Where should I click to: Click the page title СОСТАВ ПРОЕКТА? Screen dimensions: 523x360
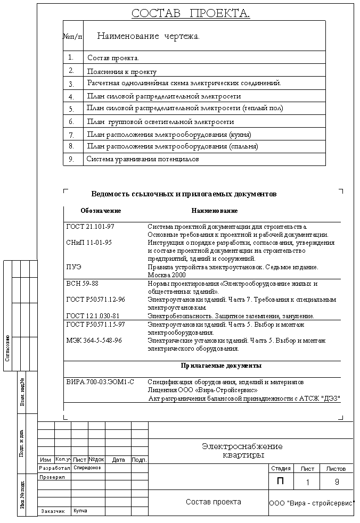pos(191,13)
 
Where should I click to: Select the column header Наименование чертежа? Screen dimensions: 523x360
pos(148,36)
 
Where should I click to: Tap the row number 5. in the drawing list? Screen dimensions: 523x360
pos(71,109)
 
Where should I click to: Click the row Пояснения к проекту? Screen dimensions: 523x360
pos(122,71)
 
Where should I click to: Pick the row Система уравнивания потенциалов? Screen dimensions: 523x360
pos(143,159)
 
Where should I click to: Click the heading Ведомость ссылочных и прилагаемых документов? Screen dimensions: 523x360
pos(184,194)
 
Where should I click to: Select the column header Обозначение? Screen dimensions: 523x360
pos(101,211)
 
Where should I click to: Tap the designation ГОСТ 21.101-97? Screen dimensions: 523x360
pos(91,227)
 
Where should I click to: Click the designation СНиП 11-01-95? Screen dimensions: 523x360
pos(89,243)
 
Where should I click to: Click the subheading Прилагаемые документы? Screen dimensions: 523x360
pos(221,366)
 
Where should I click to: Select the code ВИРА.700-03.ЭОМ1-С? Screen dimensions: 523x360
pos(100,382)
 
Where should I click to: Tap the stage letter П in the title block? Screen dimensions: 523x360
pos(280,482)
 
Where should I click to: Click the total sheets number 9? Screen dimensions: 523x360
pos(337,483)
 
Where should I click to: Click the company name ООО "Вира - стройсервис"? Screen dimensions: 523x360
pos(312,503)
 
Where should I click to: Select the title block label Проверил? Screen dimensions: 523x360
pos(52,477)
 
